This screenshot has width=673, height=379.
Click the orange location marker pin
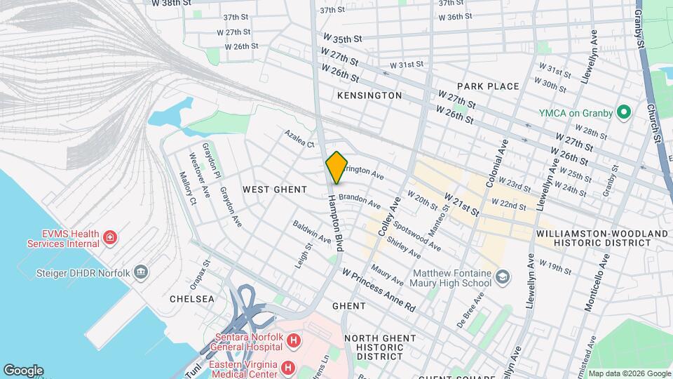pyautogui.click(x=337, y=168)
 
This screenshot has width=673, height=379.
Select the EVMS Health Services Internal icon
pyautogui.click(x=109, y=239)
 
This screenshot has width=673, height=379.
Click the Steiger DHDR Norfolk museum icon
pyautogui.click(x=141, y=272)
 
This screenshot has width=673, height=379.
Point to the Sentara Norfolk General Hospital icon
pyautogui.click(x=294, y=342)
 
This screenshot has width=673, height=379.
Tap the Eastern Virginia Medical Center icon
pyautogui.click(x=287, y=367)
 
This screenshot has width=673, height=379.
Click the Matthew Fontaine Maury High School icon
pyautogui.click(x=502, y=278)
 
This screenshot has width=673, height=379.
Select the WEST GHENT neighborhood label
pyautogui.click(x=275, y=189)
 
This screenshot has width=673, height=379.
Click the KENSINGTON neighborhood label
pyautogui.click(x=369, y=95)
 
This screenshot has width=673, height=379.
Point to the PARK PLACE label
pyautogui.click(x=490, y=86)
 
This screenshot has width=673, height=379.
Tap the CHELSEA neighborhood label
pyautogui.click(x=191, y=299)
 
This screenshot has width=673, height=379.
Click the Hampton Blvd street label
pyautogui.click(x=334, y=222)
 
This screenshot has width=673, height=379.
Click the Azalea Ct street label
pyautogui.click(x=299, y=138)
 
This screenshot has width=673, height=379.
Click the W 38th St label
pyautogui.click(x=172, y=3)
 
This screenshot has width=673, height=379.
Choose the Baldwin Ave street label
pyautogui.click(x=312, y=234)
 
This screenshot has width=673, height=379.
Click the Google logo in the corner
pyautogui.click(x=23, y=370)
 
